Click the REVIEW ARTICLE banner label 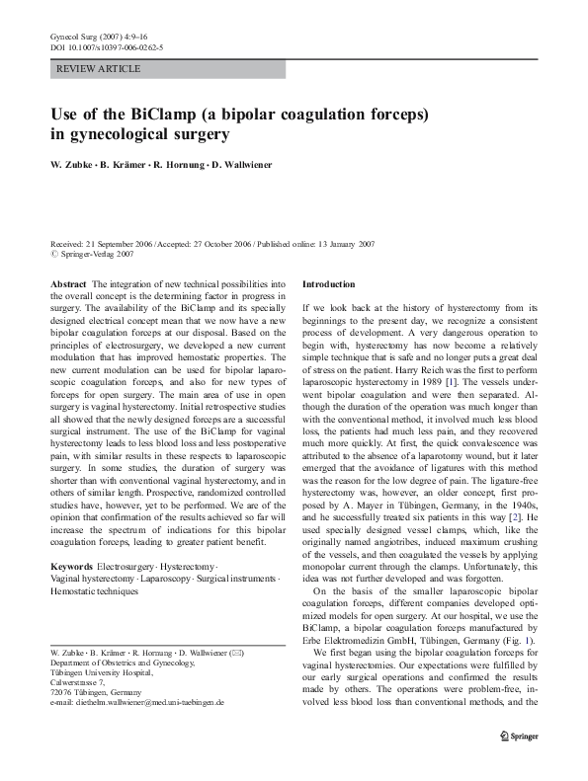99,69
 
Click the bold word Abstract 68,283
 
